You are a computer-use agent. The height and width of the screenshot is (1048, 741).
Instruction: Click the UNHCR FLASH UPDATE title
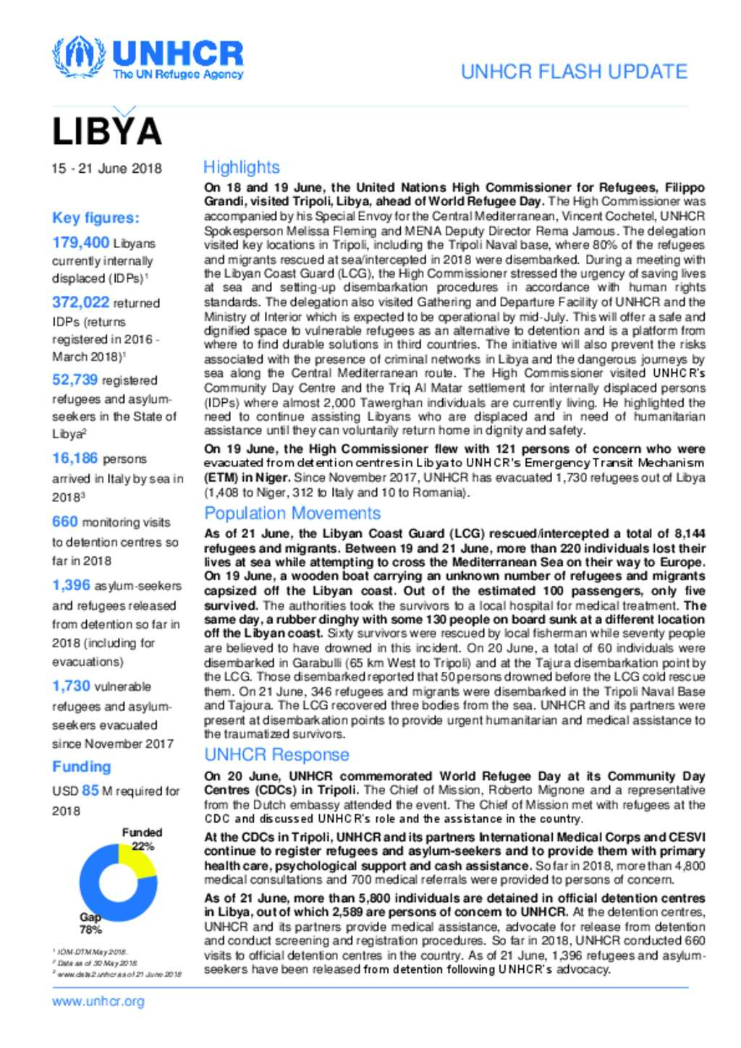pos(574,72)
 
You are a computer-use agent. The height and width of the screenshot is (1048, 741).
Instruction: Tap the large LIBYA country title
pos(106,132)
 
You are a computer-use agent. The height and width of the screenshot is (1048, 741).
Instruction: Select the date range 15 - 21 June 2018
pos(106,169)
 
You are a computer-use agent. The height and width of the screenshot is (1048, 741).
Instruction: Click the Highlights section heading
pos(241,167)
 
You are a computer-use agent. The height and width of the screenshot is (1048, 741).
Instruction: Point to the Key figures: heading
pos(96,218)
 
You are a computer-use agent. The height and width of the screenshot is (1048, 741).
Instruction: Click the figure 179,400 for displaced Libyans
pos(80,243)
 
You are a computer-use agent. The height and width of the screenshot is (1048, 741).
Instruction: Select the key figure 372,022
pos(80,302)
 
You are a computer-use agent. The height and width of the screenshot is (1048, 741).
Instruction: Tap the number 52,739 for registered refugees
pos(75,380)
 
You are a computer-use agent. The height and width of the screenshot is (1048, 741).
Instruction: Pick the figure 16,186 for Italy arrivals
pos(75,458)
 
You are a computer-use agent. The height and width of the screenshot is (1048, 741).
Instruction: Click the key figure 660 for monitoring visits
pos(64,521)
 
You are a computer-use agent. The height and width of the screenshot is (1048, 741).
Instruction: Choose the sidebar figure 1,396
pos(71,585)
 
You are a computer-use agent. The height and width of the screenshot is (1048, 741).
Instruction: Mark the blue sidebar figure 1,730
pos(71,686)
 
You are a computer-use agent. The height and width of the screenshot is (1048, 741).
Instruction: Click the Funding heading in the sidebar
pos(81,767)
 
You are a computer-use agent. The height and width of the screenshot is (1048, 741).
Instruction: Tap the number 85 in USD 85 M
pos(90,791)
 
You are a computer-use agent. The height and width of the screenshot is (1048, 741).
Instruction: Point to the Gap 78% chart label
pos(90,923)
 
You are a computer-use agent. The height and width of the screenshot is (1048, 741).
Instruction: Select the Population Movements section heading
pos(292,514)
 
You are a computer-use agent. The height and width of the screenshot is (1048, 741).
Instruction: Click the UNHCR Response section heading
pos(276,755)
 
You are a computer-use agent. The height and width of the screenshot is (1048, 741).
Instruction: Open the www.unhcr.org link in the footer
pos(98,1002)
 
